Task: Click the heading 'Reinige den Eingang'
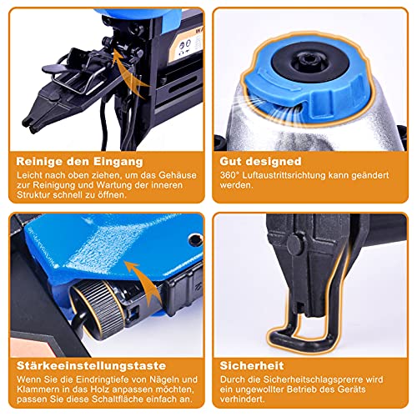point(79,162)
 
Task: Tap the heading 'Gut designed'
point(260,161)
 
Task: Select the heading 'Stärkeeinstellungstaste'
point(91,365)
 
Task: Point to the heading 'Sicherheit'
point(252,365)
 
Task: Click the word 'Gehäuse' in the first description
point(178,175)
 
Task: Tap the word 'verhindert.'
point(242,399)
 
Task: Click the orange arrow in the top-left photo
point(130,73)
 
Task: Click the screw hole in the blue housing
point(195,240)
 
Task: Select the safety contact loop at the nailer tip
point(300,340)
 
